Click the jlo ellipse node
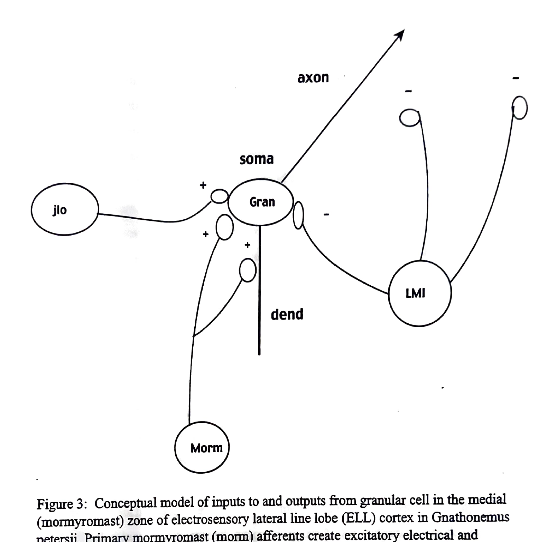65,209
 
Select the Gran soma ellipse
261,202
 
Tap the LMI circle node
419,293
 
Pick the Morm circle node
202,447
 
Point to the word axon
313,78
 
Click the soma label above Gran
257,159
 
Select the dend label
287,314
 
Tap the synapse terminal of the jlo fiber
220,196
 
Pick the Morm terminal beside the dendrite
248,270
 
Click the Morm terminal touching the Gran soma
224,227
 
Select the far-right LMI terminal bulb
520,107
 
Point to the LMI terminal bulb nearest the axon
410,118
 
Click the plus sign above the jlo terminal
203,185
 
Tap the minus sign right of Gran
326,215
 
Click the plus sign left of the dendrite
247,245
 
